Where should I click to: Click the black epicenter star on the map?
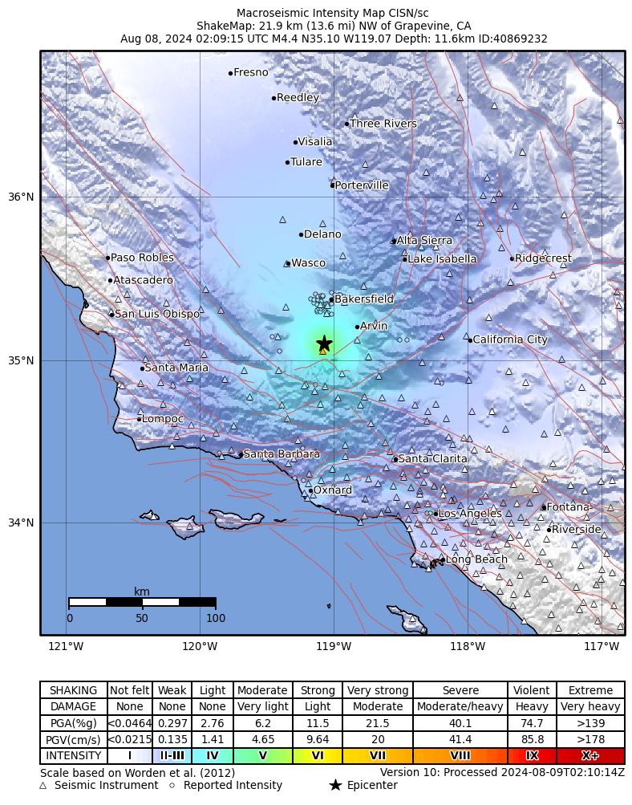coord(324,343)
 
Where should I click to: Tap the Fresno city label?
coord(251,73)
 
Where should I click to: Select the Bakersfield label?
coord(364,299)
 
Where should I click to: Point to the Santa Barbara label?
coord(282,454)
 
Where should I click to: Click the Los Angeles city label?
coord(470,514)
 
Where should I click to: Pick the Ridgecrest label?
coord(543,258)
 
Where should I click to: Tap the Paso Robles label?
coord(142,258)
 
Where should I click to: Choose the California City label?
coord(510,339)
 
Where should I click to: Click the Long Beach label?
coord(476,559)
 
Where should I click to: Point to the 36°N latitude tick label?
coord(21,197)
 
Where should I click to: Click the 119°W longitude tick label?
coord(334,647)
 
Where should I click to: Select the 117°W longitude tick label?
coord(602,647)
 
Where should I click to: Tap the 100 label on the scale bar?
coord(216,618)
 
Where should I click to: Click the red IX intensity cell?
coord(532,756)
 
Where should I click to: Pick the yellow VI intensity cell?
coord(318,756)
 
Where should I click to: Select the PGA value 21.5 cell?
coord(378,723)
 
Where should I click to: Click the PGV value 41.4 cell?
coord(460,739)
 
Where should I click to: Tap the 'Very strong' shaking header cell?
coord(378,690)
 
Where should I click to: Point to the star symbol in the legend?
coord(335,785)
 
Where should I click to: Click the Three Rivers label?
coord(383,124)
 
